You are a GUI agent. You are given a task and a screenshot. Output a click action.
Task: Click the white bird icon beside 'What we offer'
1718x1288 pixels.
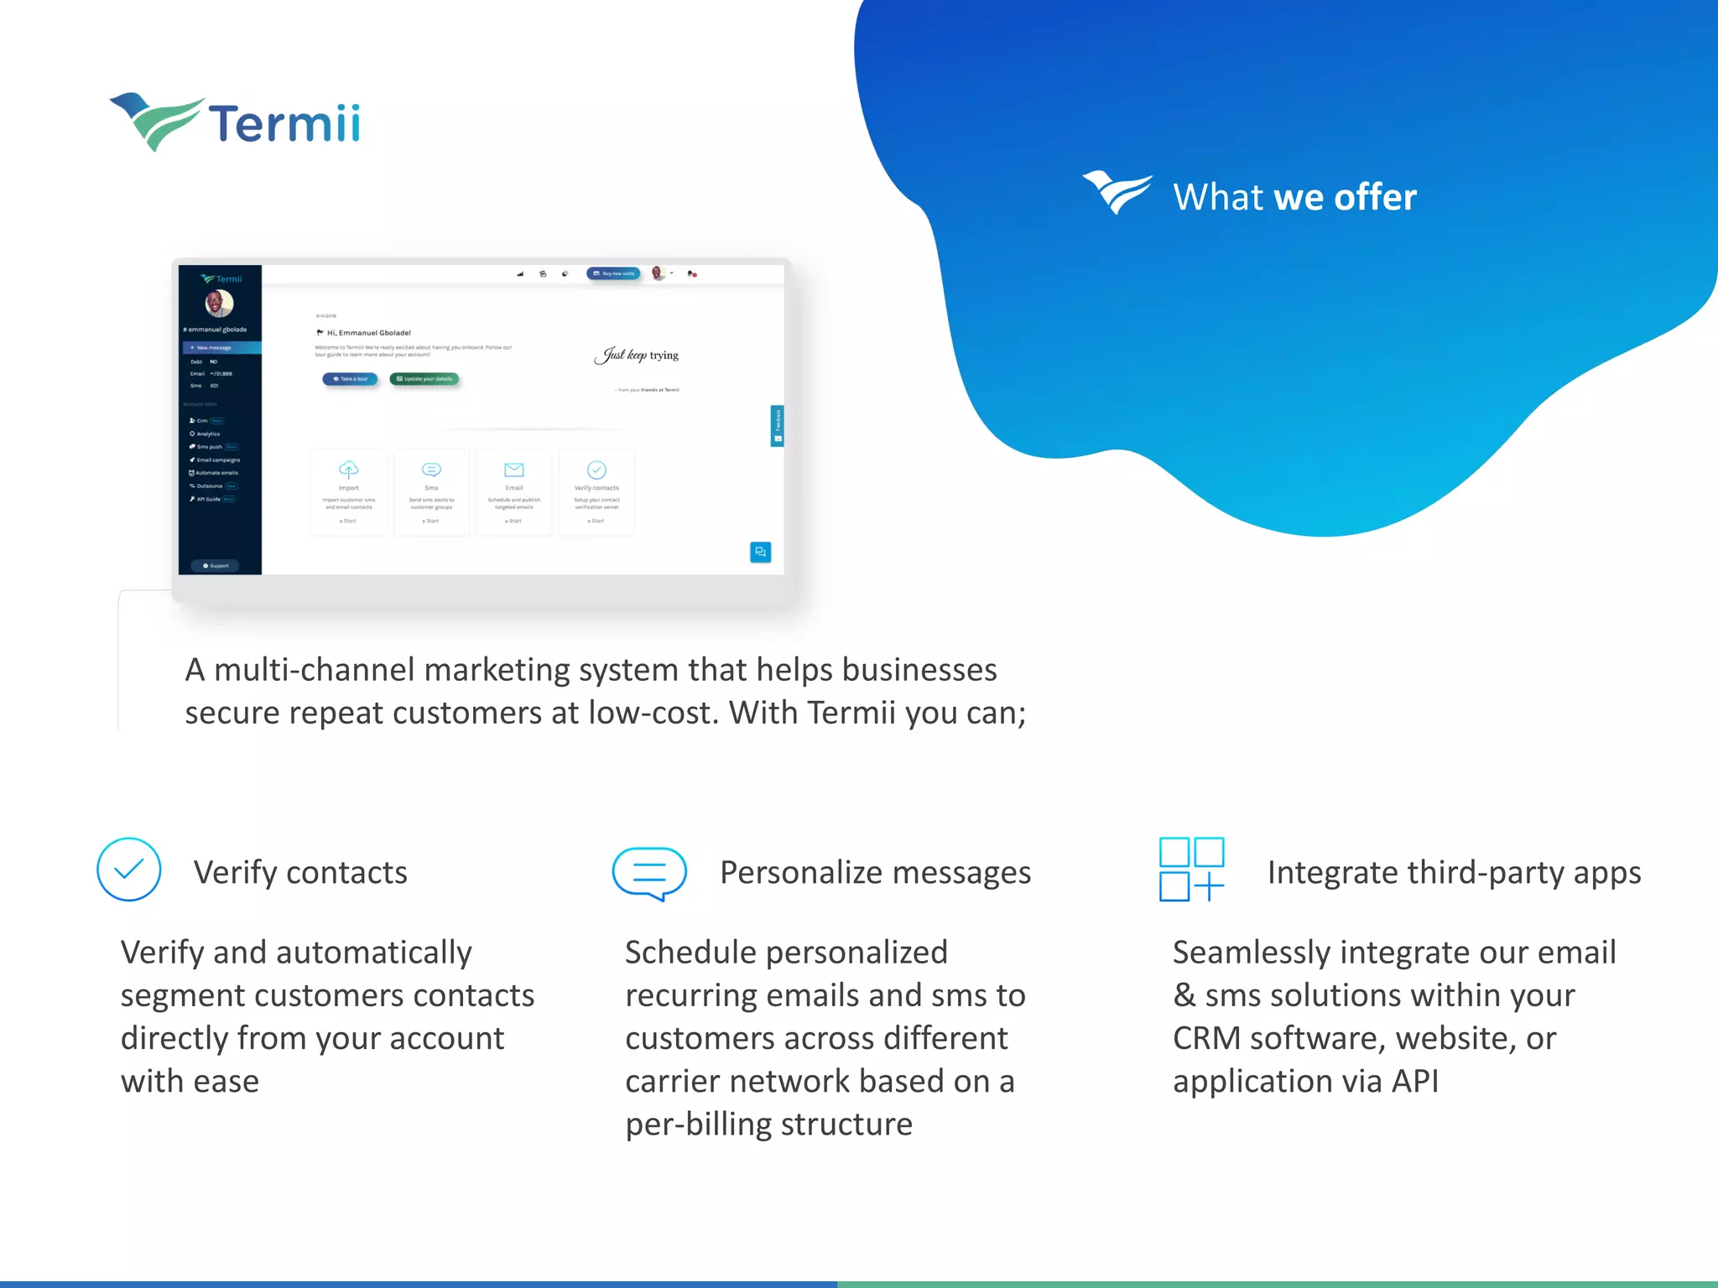[x=1117, y=193]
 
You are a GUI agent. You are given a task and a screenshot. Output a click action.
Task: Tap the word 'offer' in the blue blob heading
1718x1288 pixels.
[x=1375, y=198]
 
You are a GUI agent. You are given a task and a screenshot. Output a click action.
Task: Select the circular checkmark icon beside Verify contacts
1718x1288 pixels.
[x=129, y=870]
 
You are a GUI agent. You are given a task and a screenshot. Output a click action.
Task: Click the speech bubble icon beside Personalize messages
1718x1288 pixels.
[x=649, y=872]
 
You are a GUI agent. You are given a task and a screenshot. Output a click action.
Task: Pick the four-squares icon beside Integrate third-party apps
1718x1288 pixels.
[x=1191, y=870]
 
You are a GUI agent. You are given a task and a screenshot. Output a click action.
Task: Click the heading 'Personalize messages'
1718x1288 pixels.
[x=875, y=873]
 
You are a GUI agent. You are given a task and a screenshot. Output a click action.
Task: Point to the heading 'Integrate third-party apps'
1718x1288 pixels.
[x=1454, y=873]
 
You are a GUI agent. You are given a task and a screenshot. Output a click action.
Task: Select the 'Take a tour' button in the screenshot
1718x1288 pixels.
[x=351, y=379]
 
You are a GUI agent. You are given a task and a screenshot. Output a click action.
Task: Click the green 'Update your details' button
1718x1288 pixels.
[x=424, y=379]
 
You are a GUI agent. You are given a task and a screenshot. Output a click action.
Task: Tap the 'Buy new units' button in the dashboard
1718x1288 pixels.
[x=614, y=273]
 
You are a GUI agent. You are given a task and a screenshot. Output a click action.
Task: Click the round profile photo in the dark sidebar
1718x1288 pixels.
[x=220, y=303]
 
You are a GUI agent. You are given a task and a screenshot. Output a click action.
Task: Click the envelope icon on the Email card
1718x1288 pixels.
[x=514, y=470]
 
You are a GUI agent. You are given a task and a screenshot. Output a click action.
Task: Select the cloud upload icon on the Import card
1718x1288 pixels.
[x=349, y=469]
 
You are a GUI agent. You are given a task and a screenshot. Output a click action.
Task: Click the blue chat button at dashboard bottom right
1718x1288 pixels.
[x=760, y=552]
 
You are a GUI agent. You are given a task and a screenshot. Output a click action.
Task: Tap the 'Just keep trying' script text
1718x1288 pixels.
[x=637, y=356]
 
